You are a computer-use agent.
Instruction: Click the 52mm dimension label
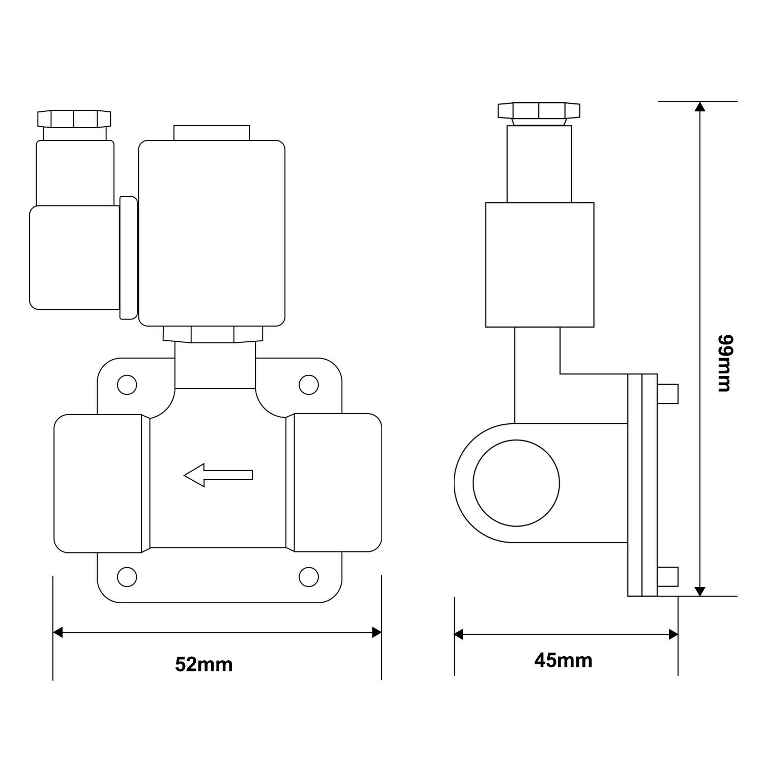[203, 664]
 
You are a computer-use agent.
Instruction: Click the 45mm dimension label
[563, 660]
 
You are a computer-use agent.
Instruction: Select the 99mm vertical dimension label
[723, 363]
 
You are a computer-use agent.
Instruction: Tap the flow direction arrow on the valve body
[218, 475]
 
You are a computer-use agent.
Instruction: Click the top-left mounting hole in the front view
[127, 385]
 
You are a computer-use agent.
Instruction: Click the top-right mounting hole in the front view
[308, 385]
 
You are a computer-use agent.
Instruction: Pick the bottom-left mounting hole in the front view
[127, 576]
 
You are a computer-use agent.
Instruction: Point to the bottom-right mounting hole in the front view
[308, 576]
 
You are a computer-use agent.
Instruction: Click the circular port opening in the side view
[516, 483]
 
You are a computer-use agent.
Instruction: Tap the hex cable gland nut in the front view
[74, 118]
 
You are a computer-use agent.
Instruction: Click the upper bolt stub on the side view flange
[668, 393]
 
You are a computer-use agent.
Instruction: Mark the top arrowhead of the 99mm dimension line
[700, 107]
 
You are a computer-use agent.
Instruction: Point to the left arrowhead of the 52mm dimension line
[57, 633]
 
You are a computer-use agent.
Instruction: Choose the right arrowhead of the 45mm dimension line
[673, 634]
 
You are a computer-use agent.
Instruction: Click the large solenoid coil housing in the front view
[212, 233]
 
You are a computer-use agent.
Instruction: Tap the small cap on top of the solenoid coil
[212, 133]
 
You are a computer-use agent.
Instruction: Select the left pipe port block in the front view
[98, 483]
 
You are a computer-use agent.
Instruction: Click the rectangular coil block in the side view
[540, 265]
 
